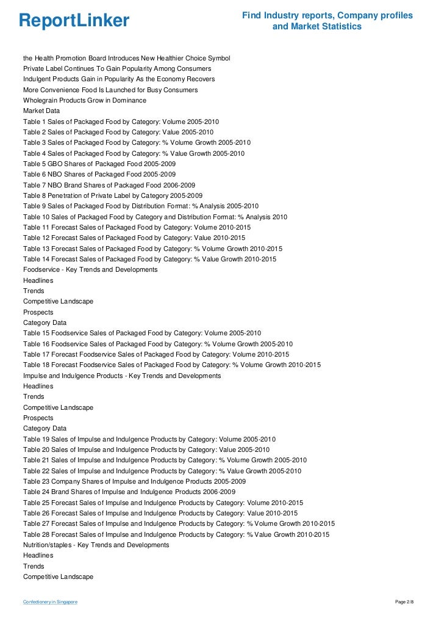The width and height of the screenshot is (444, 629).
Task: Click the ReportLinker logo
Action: coord(74,21)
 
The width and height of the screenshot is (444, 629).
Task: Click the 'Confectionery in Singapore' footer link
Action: coord(50,603)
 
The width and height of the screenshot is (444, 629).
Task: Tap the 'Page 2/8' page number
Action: coord(404,603)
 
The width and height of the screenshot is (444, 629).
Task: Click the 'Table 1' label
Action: coord(35,122)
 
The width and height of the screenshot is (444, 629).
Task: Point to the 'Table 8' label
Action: coord(35,195)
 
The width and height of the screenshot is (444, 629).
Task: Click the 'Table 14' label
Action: coord(37,259)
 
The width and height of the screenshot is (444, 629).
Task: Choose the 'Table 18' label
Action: coord(37,365)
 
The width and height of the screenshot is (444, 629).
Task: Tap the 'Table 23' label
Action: coord(37,481)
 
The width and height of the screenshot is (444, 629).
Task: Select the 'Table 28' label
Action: coord(37,534)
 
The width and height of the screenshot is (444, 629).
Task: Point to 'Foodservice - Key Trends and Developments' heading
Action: coord(90,269)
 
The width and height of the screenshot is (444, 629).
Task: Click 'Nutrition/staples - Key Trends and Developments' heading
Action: coord(96,545)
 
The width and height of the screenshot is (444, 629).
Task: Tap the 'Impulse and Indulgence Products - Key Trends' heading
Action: coord(122,376)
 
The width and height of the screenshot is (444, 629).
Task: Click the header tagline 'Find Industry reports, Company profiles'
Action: coord(327,15)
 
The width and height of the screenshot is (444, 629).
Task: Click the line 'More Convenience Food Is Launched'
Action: coord(110,90)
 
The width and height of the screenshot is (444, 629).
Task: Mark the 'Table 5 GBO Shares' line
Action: coord(99,164)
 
